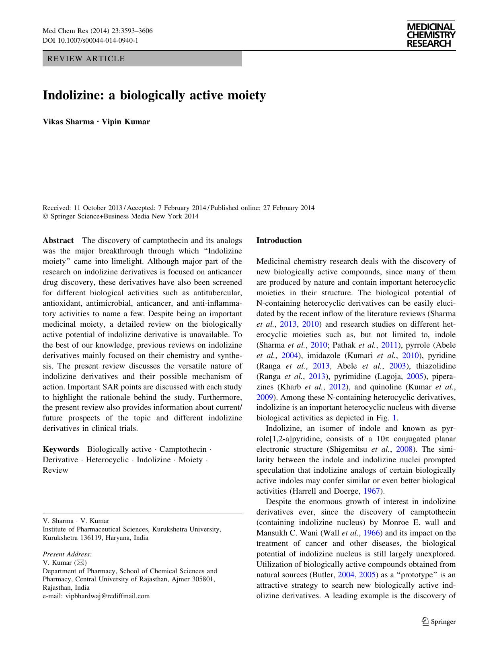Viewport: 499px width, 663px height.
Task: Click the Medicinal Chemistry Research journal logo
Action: pos(431,35)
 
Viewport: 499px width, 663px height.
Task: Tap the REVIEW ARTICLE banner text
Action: pos(86,59)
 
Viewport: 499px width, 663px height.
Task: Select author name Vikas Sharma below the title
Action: pos(68,122)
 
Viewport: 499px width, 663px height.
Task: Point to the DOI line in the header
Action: pos(90,40)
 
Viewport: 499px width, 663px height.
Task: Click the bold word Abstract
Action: pos(58,241)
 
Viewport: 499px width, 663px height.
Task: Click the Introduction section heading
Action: pos(279,241)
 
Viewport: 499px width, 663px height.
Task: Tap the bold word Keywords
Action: pos(61,449)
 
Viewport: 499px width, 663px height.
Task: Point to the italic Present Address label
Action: pos(67,554)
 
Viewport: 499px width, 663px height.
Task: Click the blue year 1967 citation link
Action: pos(372,491)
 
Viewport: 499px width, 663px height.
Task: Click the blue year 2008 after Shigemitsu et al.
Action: pos(405,449)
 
